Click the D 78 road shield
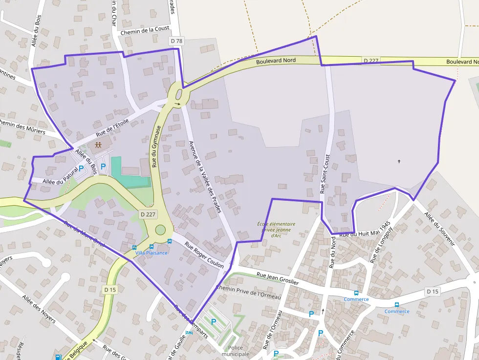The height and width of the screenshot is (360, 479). coord(176,41)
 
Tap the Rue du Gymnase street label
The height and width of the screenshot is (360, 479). coord(156,146)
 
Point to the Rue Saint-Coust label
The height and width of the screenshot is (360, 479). coord(325,174)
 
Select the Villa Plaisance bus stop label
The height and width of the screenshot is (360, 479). coord(152,253)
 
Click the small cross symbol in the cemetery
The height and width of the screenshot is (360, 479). coord(399,161)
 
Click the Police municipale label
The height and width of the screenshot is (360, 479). coord(236,351)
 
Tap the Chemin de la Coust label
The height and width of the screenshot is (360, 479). coord(145,31)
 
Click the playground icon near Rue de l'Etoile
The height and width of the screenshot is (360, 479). coord(98,145)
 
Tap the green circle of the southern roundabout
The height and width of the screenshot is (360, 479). coord(160,230)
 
